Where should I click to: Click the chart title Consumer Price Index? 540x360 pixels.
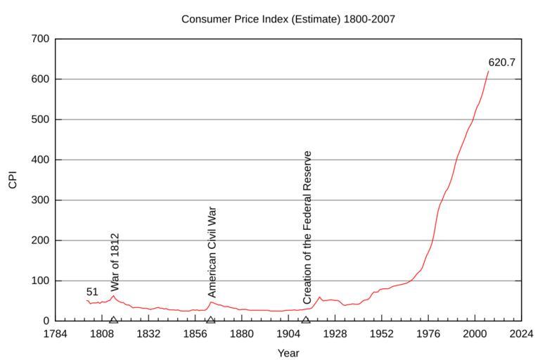tap(288, 19)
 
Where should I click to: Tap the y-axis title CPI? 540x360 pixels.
tap(13, 180)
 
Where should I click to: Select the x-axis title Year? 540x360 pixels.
tap(288, 352)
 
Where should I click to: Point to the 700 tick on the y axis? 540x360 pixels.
tap(39, 39)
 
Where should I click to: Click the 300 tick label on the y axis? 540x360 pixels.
tap(39, 200)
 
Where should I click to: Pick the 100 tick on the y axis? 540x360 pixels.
tap(39, 281)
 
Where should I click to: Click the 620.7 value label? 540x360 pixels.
tap(502, 63)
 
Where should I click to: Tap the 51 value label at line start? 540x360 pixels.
tap(92, 292)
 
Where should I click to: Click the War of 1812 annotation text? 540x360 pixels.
tap(115, 262)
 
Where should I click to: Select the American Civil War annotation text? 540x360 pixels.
tap(212, 252)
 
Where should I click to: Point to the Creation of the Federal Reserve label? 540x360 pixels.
tap(307, 227)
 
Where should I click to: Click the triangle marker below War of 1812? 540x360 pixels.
tap(113, 320)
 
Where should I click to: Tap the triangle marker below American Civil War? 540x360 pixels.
tap(210, 320)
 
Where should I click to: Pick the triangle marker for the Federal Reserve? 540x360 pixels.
tap(305, 320)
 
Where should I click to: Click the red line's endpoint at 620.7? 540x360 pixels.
tap(488, 72)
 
